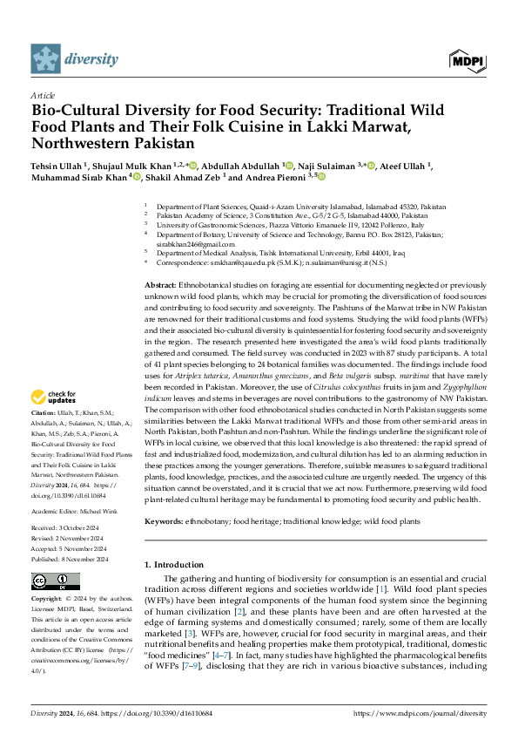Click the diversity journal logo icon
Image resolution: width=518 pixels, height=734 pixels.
(45, 58)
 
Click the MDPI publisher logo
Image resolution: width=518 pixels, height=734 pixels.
(466, 59)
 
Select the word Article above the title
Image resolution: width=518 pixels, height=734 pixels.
(42, 95)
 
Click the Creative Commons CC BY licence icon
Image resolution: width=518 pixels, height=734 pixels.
(50, 582)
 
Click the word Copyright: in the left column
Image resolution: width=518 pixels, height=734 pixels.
(47, 600)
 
